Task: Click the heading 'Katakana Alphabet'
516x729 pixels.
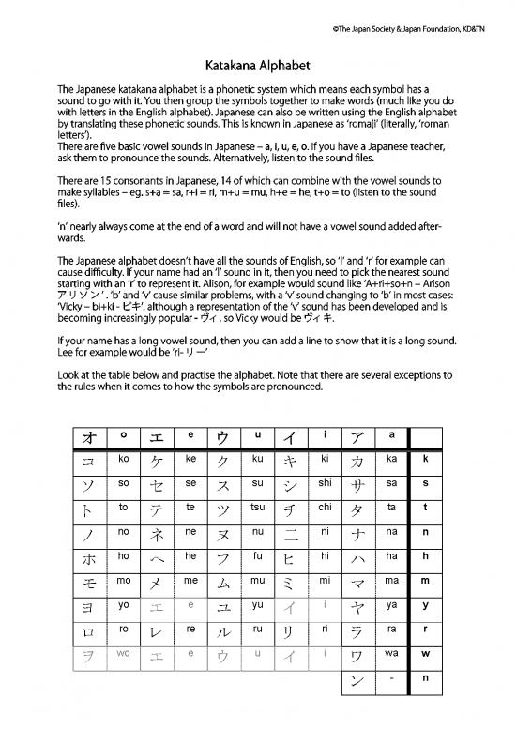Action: click(x=257, y=67)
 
